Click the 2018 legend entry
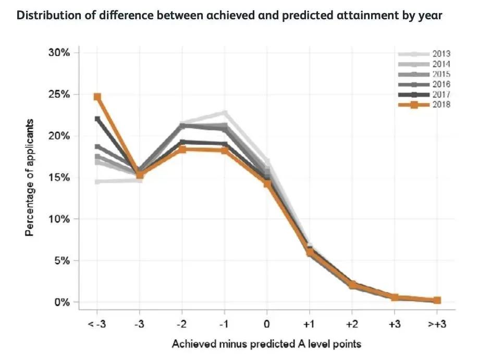pyautogui.click(x=441, y=104)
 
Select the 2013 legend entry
pyautogui.click(x=441, y=54)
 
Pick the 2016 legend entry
pyautogui.click(x=441, y=84)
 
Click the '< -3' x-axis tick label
pyautogui.click(x=97, y=324)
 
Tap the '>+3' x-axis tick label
pyautogui.click(x=437, y=324)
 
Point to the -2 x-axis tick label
pyautogui.click(x=182, y=324)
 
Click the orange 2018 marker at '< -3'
pyautogui.click(x=97, y=97)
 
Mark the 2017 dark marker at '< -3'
pyautogui.click(x=97, y=119)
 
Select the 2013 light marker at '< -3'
pyautogui.click(x=97, y=181)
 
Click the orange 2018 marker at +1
pyautogui.click(x=310, y=252)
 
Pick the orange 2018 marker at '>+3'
pyautogui.click(x=437, y=300)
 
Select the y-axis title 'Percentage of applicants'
pyautogui.click(x=30, y=178)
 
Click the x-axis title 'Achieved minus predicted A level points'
pyautogui.click(x=267, y=344)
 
